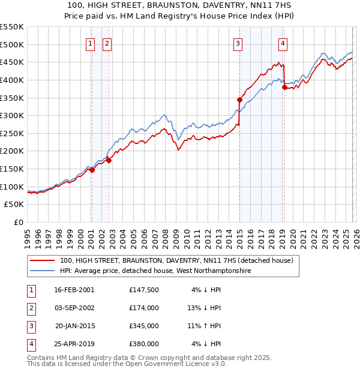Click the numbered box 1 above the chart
tap(91, 43)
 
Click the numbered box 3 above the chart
tap(238, 43)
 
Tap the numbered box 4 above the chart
tap(283, 43)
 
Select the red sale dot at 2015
tap(239, 100)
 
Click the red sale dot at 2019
tap(284, 87)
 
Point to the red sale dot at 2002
tap(109, 160)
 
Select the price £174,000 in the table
tap(143, 308)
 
